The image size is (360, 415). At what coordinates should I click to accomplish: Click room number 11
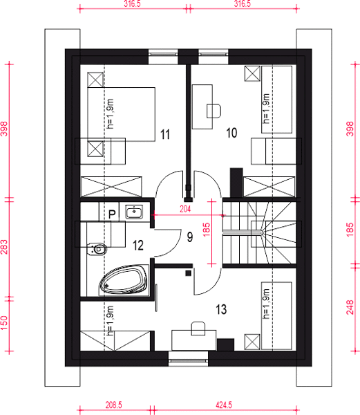[165, 134]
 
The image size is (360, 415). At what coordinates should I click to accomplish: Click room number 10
[231, 133]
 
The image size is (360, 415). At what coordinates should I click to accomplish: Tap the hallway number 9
[190, 237]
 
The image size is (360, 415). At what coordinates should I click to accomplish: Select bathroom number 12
[138, 246]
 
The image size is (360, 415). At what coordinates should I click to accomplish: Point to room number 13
[221, 309]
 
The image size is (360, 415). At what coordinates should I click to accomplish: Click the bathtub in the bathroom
[123, 279]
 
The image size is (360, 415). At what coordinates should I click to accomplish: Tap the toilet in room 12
[97, 249]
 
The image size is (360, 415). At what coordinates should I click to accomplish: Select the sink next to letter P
[134, 212]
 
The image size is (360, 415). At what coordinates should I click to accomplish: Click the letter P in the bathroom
[112, 214]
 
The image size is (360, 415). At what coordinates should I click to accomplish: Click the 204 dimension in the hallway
[185, 210]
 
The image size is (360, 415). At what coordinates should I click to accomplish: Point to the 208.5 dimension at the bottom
[113, 405]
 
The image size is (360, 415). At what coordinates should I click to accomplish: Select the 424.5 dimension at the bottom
[224, 405]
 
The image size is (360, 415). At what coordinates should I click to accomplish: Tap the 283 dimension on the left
[4, 247]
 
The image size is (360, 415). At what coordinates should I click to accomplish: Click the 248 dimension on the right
[350, 307]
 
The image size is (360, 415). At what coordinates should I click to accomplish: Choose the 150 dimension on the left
[4, 322]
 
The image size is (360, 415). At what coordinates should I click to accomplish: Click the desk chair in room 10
[214, 111]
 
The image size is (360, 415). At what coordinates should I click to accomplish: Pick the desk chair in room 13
[198, 329]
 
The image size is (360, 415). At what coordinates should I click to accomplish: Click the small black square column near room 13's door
[188, 273]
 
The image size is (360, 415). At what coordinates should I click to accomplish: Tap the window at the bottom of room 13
[188, 358]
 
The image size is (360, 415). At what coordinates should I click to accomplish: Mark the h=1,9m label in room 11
[111, 114]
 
